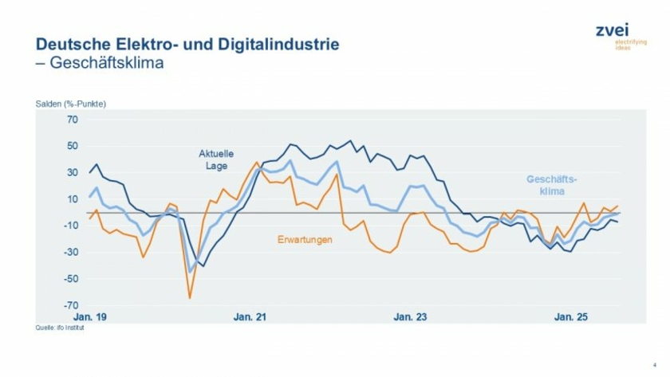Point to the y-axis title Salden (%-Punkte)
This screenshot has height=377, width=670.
click(71, 104)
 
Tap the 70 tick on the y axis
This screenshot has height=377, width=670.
click(73, 120)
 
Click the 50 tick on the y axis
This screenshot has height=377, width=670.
click(73, 146)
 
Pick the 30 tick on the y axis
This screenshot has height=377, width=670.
click(73, 172)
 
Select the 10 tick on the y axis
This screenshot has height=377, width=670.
click(73, 199)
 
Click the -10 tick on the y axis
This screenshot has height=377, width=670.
click(71, 226)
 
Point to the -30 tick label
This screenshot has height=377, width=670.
click(71, 253)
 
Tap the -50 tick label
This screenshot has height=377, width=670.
click(71, 279)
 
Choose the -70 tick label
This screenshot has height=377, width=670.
click(71, 305)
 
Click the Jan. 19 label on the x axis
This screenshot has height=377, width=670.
click(89, 317)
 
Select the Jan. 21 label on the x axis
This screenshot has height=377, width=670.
click(250, 317)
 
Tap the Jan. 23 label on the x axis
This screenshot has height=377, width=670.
click(410, 317)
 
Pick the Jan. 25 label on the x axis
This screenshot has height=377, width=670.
click(571, 317)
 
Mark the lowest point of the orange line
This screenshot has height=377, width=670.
click(190, 297)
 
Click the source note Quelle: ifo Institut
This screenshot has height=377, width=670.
click(61, 327)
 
